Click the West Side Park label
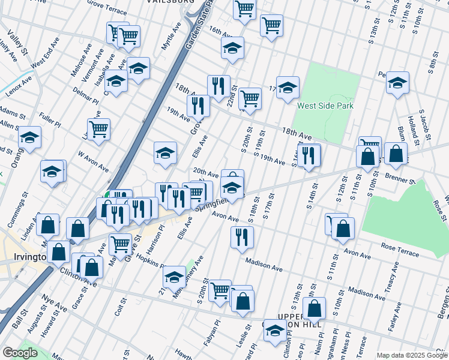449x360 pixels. click(x=325, y=106)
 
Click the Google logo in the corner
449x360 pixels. click(x=20, y=353)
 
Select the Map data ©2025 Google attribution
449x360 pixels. click(x=412, y=355)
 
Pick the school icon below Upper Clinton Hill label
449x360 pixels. click(x=276, y=331)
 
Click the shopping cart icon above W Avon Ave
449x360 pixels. click(x=98, y=128)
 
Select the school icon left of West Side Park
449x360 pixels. click(x=288, y=86)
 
